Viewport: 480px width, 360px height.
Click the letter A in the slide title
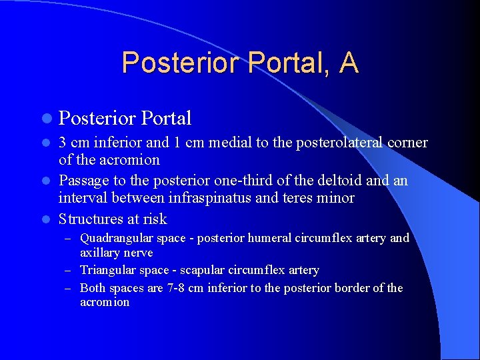(x=348, y=63)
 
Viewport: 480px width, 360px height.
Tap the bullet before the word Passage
(x=46, y=181)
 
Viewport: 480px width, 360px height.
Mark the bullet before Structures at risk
(x=46, y=219)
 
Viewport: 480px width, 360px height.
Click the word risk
(x=153, y=219)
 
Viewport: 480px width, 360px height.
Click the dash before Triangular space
(x=70, y=270)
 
